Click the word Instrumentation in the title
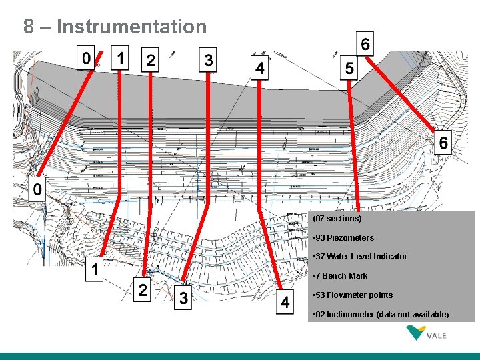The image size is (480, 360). [x=133, y=27]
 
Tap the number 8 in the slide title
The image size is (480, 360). [x=29, y=27]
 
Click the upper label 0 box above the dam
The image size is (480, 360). [x=85, y=58]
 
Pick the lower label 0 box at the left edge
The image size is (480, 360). [x=37, y=189]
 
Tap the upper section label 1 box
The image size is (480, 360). [x=120, y=58]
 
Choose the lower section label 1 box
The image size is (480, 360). [x=95, y=270]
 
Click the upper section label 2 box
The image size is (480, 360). [x=151, y=60]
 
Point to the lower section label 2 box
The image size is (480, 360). [x=143, y=291]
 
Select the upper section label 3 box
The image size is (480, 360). [x=209, y=60]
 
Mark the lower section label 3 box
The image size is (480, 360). [x=183, y=297]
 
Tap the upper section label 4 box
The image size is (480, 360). [x=259, y=68]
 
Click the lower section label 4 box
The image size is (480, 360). [x=285, y=302]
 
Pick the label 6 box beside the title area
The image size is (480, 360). [x=365, y=44]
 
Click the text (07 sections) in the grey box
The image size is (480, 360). [x=337, y=219]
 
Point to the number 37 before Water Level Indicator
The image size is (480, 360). [x=321, y=257]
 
